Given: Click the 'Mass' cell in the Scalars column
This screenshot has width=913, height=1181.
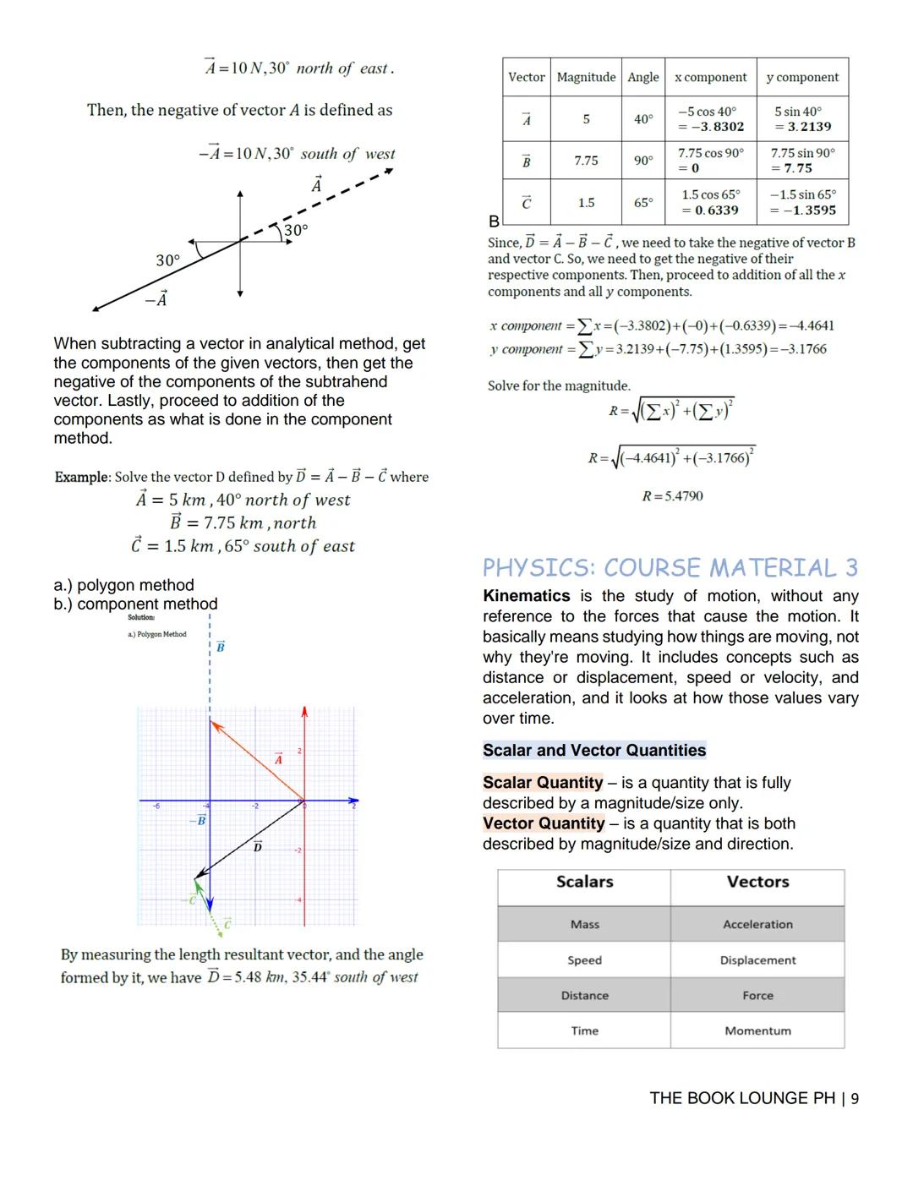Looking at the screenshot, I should (584, 924).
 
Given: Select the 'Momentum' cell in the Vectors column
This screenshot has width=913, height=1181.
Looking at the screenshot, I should (757, 1031).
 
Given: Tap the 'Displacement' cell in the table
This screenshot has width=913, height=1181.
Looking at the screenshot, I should (757, 960).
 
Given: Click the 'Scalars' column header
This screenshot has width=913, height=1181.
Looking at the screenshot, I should (584, 882).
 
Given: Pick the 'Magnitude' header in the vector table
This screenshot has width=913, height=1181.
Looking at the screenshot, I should (586, 77).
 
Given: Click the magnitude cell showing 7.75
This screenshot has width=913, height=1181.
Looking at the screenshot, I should (586, 160).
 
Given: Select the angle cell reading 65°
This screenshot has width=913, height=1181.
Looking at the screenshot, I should (643, 203).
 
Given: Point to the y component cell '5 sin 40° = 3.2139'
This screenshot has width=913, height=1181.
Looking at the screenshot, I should (802, 119).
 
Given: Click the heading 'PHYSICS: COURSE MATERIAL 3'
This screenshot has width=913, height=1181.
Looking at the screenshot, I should (670, 567).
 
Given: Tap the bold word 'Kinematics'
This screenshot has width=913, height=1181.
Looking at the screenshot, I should (526, 596).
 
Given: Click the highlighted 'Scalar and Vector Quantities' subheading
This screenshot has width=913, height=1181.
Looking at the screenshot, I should (593, 751).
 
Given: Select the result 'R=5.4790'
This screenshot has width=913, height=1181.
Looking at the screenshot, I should (672, 496).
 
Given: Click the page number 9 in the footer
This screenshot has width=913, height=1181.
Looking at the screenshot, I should (855, 1098).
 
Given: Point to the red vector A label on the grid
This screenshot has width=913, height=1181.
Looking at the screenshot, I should (278, 759).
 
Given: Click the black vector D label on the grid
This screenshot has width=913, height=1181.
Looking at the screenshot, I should (258, 846).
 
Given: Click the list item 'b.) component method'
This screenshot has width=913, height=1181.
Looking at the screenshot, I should (135, 604).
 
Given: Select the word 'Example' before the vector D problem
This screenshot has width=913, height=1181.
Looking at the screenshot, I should (82, 477).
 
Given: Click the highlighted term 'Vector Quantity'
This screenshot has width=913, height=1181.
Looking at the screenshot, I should (544, 823).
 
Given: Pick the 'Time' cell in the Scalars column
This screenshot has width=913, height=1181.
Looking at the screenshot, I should (584, 1031).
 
